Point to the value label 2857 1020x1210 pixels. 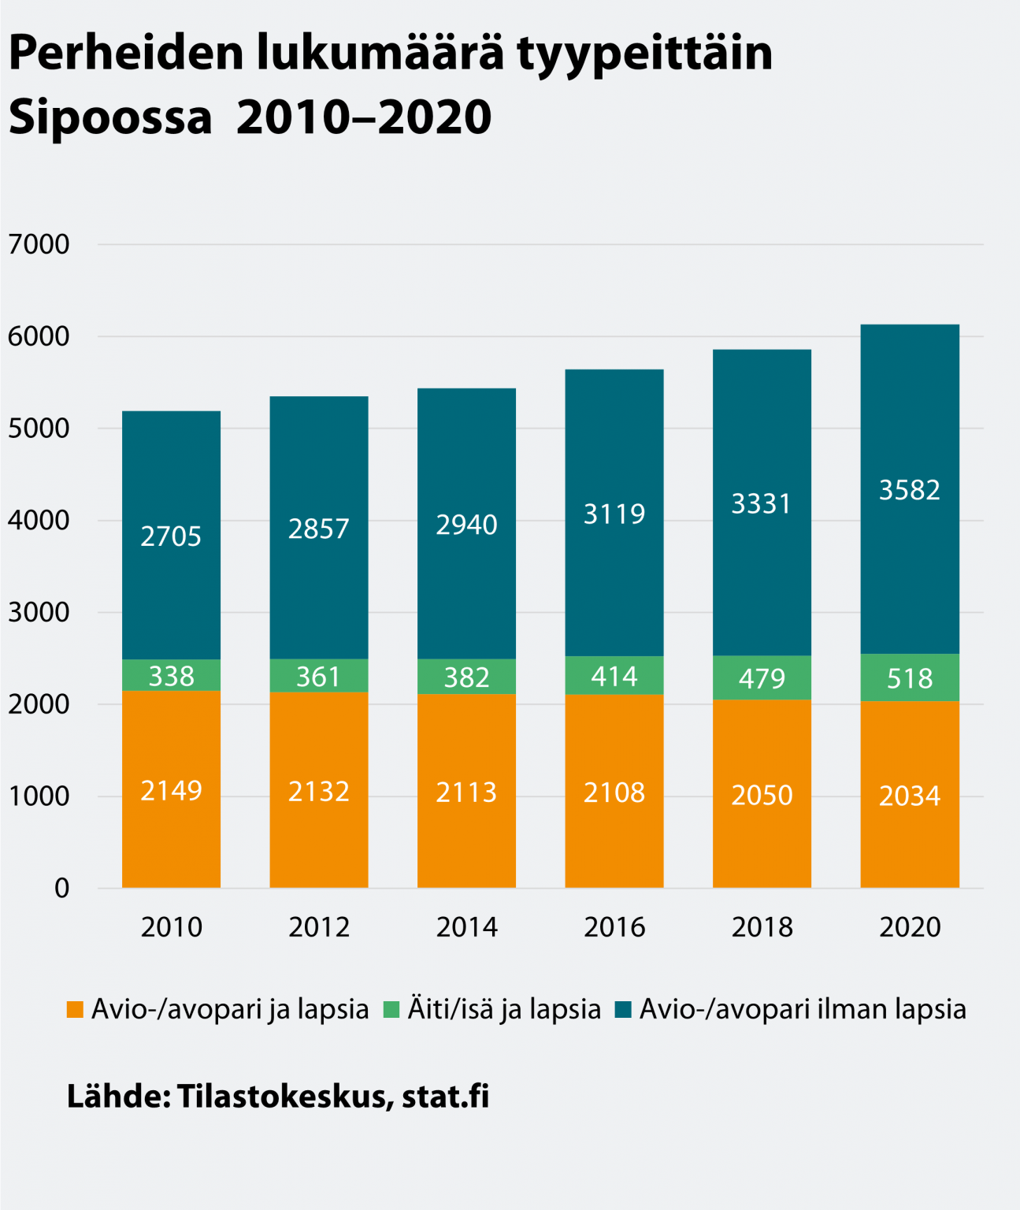coord(318,529)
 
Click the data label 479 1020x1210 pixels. coord(762,678)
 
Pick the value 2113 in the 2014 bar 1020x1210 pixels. coord(466,792)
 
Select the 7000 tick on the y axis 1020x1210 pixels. coord(39,244)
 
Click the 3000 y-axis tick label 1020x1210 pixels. coord(39,612)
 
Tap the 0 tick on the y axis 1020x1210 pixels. coord(61,889)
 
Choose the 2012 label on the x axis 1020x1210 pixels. coord(318,927)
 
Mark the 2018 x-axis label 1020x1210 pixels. coord(762,927)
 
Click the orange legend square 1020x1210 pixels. coord(75,1009)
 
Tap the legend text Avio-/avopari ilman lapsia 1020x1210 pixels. coord(802,1009)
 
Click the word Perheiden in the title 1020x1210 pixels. coord(127,54)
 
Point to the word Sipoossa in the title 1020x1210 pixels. coord(110,118)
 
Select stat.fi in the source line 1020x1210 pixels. coord(445,1096)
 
